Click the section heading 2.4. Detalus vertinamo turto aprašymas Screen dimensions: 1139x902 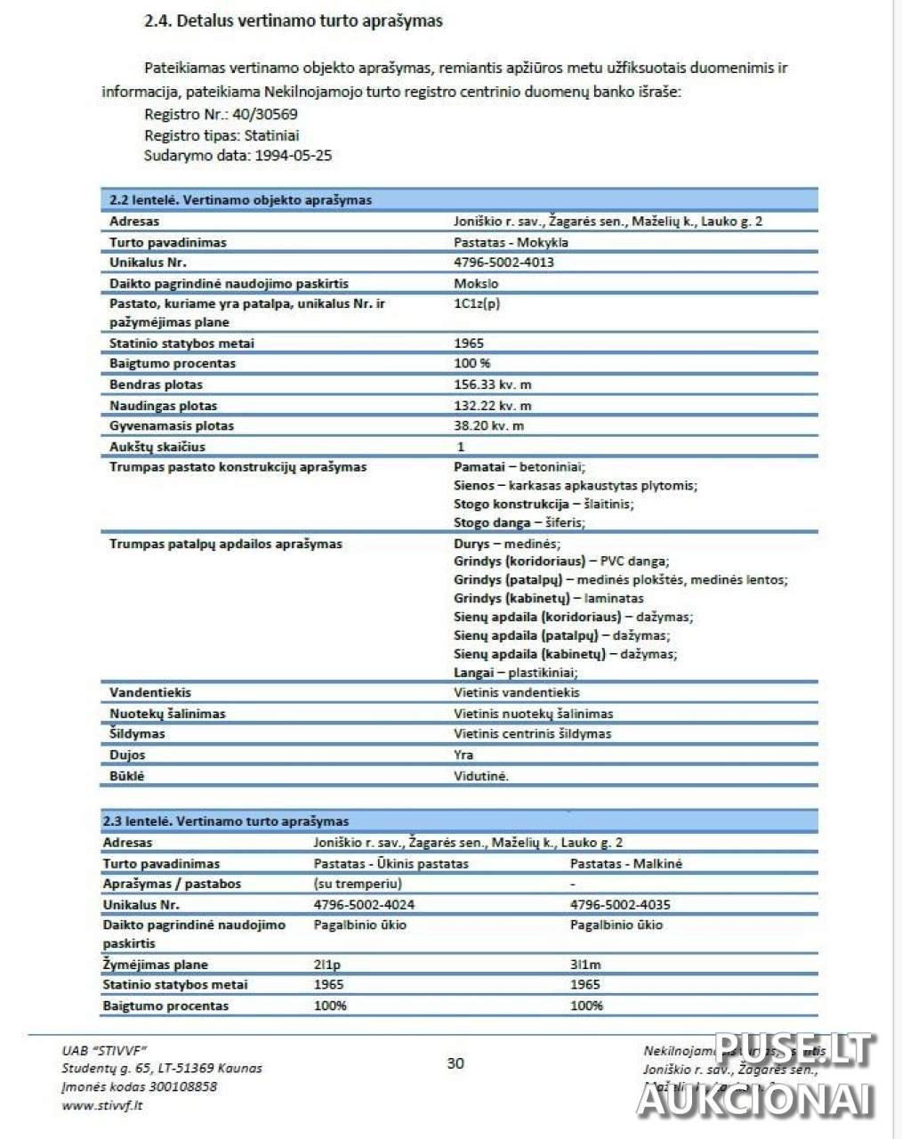click(293, 20)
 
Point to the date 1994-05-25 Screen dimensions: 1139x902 click(294, 155)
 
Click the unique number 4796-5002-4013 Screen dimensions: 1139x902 click(503, 263)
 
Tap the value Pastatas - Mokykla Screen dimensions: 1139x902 click(511, 242)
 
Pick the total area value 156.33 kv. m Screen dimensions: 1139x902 click(493, 384)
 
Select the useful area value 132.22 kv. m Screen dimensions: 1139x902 click(493, 406)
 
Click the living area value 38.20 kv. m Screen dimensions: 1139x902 click(488, 425)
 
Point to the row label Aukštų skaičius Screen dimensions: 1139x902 click(157, 447)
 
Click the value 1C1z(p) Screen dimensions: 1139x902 click(477, 303)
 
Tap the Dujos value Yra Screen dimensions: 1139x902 click(463, 755)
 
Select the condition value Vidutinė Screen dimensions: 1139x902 click(481, 776)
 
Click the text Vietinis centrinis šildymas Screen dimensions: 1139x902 click(532, 734)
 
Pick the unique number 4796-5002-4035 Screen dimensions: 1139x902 click(620, 905)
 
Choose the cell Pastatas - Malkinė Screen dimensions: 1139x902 click(625, 863)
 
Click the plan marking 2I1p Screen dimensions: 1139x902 click(327, 965)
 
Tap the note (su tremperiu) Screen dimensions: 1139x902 click(358, 884)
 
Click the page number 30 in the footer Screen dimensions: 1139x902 click(455, 1063)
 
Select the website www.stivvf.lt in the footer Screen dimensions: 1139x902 click(102, 1105)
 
